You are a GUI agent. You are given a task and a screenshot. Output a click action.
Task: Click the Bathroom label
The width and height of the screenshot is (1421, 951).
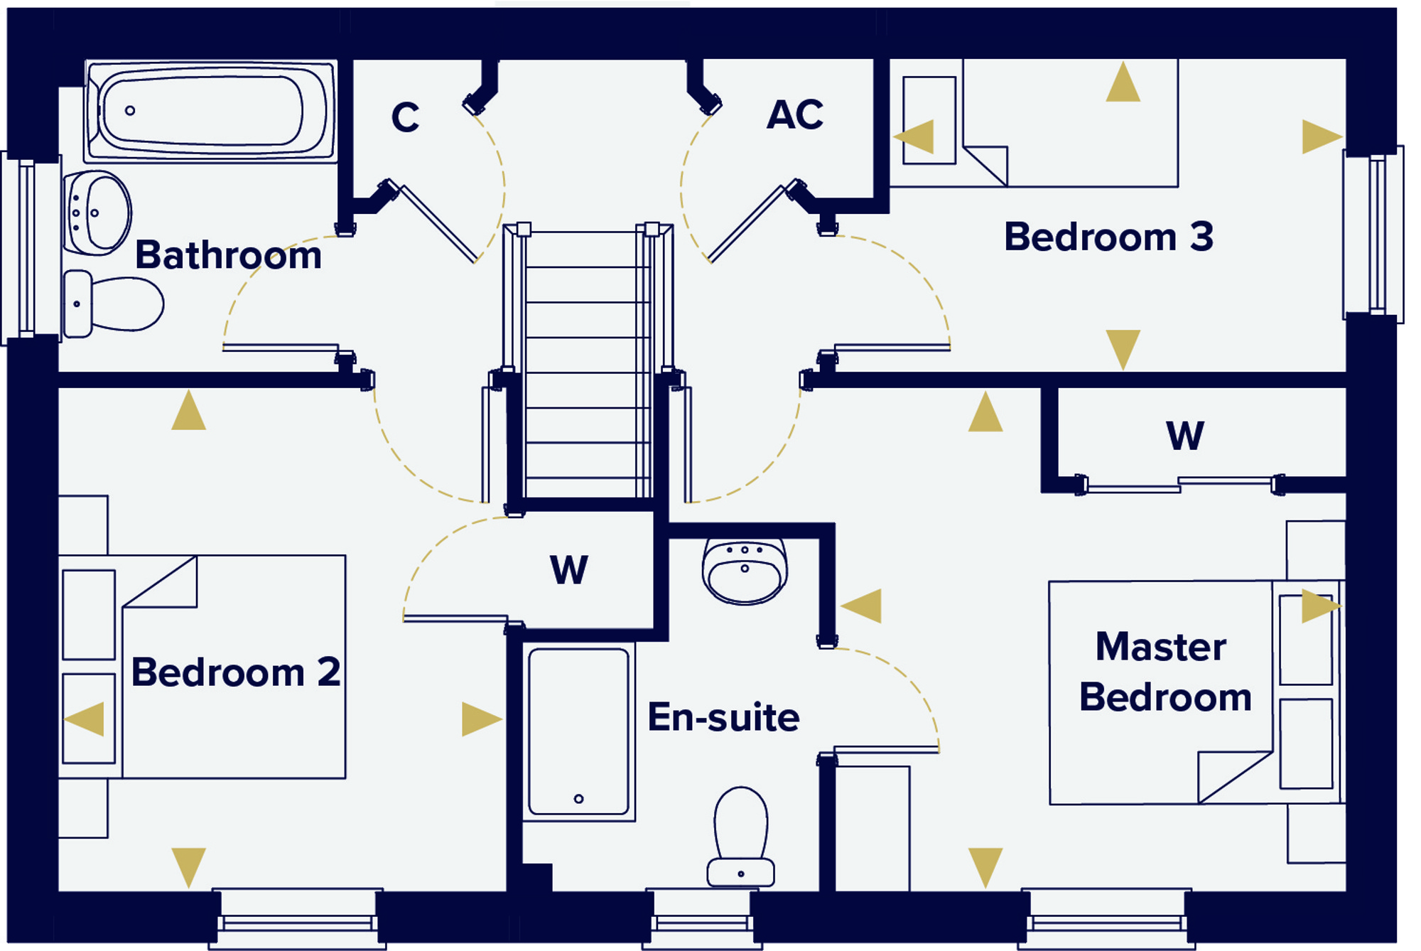(228, 255)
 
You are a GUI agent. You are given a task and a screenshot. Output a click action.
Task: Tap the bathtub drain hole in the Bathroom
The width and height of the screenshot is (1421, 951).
(130, 110)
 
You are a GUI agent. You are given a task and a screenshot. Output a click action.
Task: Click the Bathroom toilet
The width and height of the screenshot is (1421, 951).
(114, 304)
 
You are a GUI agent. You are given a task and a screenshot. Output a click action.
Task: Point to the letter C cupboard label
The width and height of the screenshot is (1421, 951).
(405, 117)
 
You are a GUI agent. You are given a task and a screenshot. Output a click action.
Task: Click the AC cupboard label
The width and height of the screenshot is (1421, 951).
(795, 114)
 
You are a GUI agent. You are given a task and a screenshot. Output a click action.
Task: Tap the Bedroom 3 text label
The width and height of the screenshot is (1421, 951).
(1108, 237)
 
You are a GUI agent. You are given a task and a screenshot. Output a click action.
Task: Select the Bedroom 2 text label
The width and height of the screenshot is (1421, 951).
(236, 672)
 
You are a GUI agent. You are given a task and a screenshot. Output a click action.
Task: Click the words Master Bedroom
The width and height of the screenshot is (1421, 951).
(1165, 672)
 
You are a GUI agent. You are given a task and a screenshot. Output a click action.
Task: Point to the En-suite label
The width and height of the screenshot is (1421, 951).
(723, 717)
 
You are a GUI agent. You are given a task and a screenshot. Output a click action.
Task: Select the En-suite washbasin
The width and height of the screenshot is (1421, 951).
(745, 570)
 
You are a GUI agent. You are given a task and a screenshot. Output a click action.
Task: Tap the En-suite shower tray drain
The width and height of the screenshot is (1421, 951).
(578, 799)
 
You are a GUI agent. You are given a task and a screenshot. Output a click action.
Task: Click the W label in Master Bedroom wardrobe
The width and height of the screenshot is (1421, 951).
(1184, 436)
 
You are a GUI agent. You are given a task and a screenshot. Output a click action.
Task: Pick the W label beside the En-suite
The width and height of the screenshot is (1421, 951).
(569, 570)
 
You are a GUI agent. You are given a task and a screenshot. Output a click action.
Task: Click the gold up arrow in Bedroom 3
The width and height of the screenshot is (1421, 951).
(1123, 84)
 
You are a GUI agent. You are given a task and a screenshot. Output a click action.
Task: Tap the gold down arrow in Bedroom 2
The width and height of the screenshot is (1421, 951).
(188, 865)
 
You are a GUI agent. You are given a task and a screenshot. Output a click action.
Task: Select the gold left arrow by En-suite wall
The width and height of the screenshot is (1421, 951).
(863, 606)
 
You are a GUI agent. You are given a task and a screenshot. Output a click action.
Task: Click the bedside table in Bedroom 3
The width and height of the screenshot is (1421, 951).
(929, 120)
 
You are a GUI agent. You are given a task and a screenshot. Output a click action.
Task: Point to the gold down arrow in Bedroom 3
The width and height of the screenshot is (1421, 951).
(1123, 347)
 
